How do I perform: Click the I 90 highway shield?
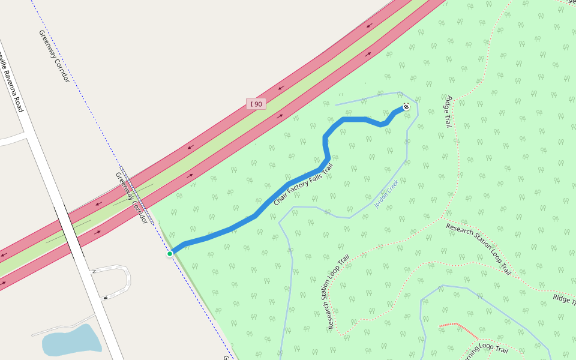[256, 104]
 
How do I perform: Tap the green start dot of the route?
[170, 254]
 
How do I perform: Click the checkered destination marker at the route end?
[406, 107]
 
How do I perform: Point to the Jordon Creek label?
[386, 194]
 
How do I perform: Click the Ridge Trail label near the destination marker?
[447, 111]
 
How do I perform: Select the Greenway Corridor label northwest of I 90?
[55, 56]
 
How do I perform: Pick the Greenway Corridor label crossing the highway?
[131, 198]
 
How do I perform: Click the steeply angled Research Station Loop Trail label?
[338, 293]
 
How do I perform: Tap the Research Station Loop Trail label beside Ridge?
[478, 248]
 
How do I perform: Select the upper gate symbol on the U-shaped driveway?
[94, 272]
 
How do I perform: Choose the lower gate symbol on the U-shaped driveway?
[106, 296]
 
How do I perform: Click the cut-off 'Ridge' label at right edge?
[564, 298]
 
